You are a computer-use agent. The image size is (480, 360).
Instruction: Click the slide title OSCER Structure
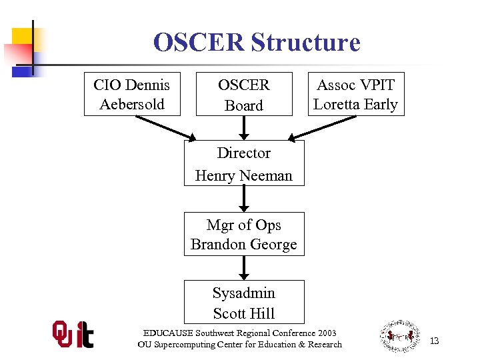[256, 43]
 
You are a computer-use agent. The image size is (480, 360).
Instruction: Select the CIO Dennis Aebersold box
[132, 94]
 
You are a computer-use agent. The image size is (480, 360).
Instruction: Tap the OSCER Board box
[244, 94]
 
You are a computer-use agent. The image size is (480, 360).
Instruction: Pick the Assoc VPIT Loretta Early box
[355, 94]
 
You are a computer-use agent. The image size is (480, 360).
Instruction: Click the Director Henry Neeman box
[244, 163]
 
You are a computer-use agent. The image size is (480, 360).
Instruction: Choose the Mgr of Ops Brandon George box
[244, 234]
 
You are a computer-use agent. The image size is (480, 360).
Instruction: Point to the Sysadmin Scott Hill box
[244, 302]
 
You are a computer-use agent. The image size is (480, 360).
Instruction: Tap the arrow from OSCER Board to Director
[244, 127]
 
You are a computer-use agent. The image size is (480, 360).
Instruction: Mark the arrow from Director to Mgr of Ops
[244, 198]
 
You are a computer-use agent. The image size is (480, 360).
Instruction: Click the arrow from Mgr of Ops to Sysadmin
[244, 267]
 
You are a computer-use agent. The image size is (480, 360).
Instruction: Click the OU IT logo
[73, 334]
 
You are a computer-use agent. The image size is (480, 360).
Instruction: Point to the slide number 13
[434, 341]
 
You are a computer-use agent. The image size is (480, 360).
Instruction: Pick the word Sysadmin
[244, 293]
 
